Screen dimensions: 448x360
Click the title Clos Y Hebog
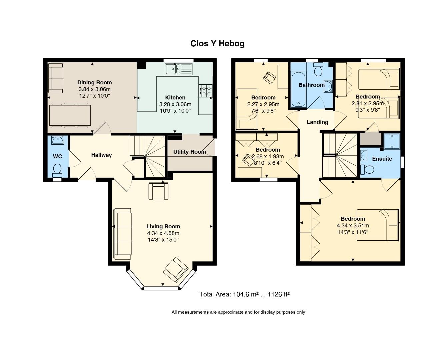pyautogui.click(x=217, y=44)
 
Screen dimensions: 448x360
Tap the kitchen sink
pyautogui.click(x=179, y=69)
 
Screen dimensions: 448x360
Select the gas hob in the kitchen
pyautogui.click(x=205, y=91)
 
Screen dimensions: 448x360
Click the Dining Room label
pyautogui.click(x=95, y=82)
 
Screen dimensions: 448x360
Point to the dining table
pyautogui.click(x=70, y=115)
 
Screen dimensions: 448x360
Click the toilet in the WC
pyautogui.click(x=57, y=169)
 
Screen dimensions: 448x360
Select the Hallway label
pyautogui.click(x=101, y=155)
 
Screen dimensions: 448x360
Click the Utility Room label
pyautogui.click(x=190, y=152)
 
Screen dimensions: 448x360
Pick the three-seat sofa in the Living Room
pyautogui.click(x=122, y=234)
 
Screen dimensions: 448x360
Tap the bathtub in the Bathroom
pyautogui.click(x=298, y=90)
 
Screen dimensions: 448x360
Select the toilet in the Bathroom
pyautogui.click(x=318, y=69)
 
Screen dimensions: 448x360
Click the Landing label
pyautogui.click(x=317, y=122)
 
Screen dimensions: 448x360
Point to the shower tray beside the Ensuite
pyautogui.click(x=392, y=141)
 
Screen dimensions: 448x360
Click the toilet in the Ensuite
pyautogui.click(x=367, y=169)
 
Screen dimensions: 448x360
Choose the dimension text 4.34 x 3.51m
pyautogui.click(x=353, y=225)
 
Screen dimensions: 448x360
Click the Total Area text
pyautogui.click(x=244, y=294)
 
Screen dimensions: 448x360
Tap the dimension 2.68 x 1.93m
pyautogui.click(x=268, y=156)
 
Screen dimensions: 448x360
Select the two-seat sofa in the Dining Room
pyautogui.click(x=56, y=78)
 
